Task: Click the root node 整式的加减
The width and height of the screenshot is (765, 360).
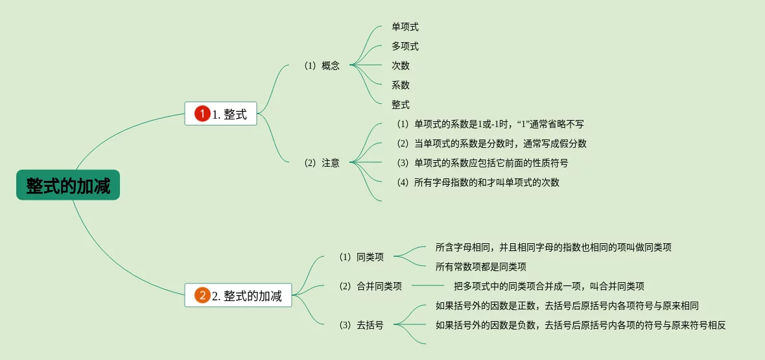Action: tap(68, 186)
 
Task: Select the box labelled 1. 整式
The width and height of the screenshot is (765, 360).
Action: tap(221, 114)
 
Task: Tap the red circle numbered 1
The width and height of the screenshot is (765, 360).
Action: tap(202, 114)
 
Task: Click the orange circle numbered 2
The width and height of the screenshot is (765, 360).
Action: tap(202, 296)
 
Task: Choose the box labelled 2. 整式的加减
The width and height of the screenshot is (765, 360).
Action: tap(239, 296)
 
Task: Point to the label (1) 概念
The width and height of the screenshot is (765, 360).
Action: tap(322, 66)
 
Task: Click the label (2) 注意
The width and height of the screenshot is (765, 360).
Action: tap(322, 163)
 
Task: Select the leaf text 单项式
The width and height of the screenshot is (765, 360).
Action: tap(405, 27)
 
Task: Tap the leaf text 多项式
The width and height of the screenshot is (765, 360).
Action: tap(405, 46)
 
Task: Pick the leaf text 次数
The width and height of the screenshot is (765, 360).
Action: tap(401, 66)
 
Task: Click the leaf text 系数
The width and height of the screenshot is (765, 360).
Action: tap(401, 85)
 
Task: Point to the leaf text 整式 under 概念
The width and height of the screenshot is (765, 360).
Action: tap(401, 104)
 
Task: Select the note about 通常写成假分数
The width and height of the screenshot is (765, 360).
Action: tap(491, 143)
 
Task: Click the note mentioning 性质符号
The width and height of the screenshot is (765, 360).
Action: tap(482, 163)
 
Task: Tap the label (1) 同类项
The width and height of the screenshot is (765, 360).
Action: tap(361, 257)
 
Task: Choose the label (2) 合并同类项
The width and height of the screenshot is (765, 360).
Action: tap(370, 286)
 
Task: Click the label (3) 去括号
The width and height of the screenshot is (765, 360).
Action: tap(361, 325)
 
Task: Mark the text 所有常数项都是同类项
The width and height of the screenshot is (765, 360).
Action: tap(480, 266)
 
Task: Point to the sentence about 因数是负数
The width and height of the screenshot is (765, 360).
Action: tap(580, 325)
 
